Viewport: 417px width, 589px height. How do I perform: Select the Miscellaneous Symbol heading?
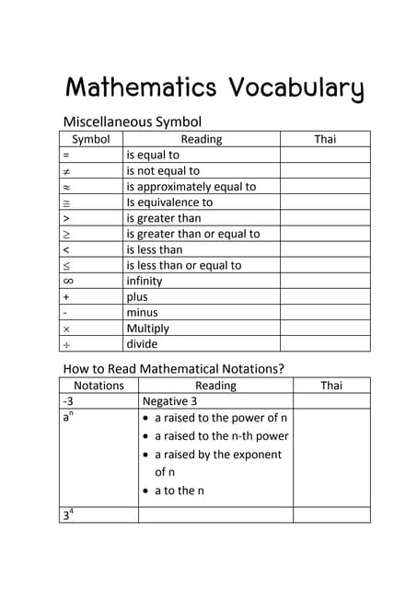click(132, 121)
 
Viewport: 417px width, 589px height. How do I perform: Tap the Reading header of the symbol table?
click(202, 139)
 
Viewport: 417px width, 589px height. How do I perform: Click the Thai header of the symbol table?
click(325, 139)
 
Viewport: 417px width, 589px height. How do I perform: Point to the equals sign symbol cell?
click(66, 156)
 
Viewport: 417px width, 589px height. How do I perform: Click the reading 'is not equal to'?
click(163, 170)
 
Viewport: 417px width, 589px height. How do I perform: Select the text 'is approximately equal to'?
click(191, 186)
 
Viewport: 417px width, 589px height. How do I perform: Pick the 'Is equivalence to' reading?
click(169, 202)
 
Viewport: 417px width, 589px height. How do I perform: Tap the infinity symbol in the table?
click(68, 281)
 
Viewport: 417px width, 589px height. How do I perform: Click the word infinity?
click(144, 281)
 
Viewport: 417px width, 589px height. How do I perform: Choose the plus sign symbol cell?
click(66, 297)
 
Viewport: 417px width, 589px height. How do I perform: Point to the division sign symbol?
click(66, 344)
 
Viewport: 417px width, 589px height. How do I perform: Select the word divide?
click(142, 344)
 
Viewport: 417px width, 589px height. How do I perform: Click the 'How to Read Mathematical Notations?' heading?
click(173, 369)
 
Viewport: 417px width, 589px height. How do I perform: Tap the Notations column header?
click(98, 386)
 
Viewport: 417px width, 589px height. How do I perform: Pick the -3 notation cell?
click(68, 402)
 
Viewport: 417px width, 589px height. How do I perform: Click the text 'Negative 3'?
click(170, 402)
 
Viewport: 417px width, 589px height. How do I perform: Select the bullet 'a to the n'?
click(179, 491)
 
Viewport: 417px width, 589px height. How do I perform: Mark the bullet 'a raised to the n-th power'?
click(221, 436)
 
